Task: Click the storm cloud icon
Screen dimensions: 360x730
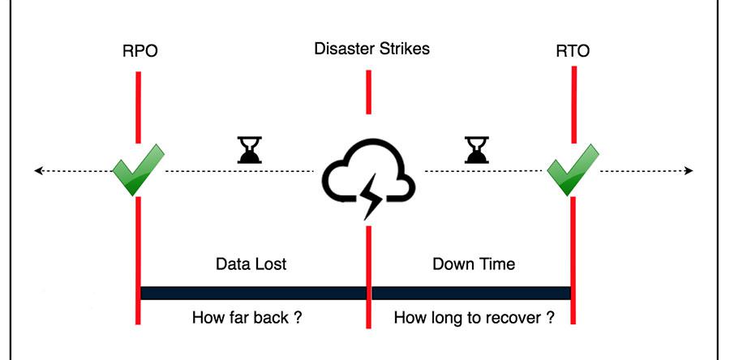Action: click(369, 170)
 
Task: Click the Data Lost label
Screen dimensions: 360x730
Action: click(251, 264)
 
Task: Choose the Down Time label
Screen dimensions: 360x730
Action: click(474, 264)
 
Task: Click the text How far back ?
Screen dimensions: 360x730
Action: click(247, 317)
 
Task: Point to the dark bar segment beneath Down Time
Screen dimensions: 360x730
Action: click(470, 292)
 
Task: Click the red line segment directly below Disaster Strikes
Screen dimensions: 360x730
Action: click(368, 92)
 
